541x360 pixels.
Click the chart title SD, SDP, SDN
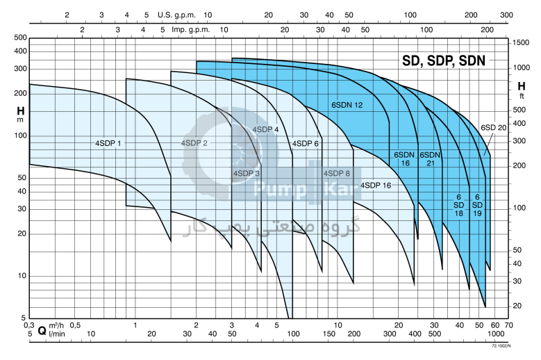pyautogui.click(x=444, y=60)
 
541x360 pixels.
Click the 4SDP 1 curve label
pyautogui.click(x=108, y=143)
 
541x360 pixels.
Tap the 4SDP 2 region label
pyautogui.click(x=194, y=143)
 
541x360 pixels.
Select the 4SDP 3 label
pyautogui.click(x=247, y=173)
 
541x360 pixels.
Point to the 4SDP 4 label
pyautogui.click(x=265, y=129)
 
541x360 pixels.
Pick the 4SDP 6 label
pyautogui.click(x=306, y=143)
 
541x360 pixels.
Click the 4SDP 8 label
pyautogui.click(x=337, y=173)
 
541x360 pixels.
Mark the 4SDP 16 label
pyautogui.click(x=376, y=185)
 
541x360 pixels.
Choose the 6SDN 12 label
pyautogui.click(x=347, y=105)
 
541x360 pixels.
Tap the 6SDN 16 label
pyautogui.click(x=405, y=159)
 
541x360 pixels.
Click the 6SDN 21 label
pyautogui.click(x=431, y=159)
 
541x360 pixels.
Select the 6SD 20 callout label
pyautogui.click(x=493, y=127)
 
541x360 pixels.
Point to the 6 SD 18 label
pyautogui.click(x=458, y=205)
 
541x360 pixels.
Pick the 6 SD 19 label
pyautogui.click(x=478, y=205)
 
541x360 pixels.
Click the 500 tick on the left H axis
pyautogui.click(x=20, y=38)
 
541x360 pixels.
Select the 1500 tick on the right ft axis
pyautogui.click(x=520, y=43)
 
